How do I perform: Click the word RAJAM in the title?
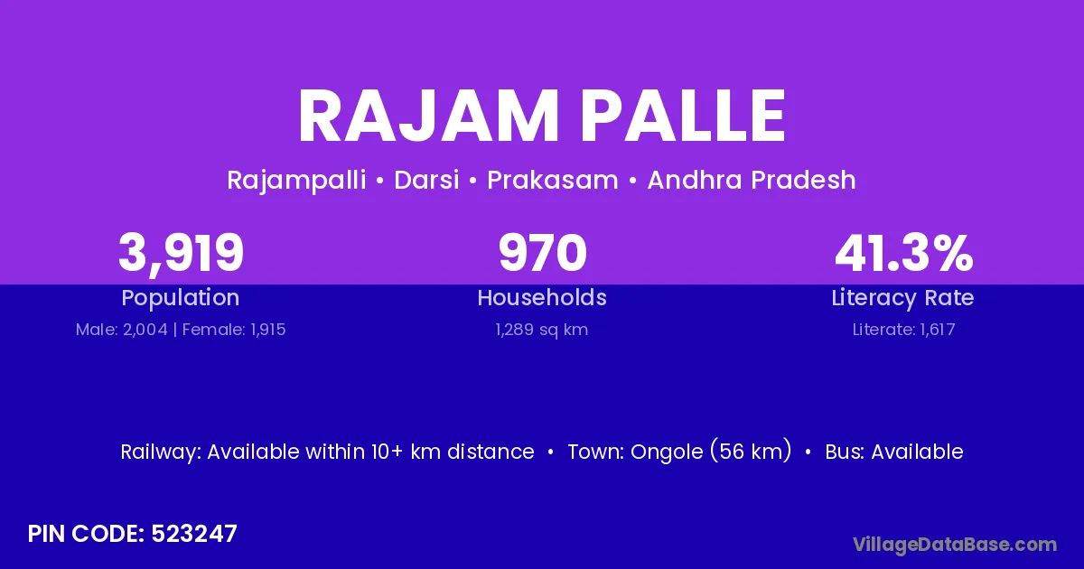pos(429,117)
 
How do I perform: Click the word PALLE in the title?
pos(683,117)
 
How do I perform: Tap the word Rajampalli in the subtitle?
pos(296,181)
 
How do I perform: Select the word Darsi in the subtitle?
pos(426,180)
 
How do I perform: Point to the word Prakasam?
pos(553,180)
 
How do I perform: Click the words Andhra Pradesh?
pos(752,180)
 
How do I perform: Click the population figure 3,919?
pos(181,254)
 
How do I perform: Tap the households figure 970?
pos(543,253)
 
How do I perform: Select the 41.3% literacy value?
pos(903,253)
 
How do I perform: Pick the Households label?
pos(542,297)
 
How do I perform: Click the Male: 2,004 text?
pos(121,330)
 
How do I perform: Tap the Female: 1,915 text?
pos(234,330)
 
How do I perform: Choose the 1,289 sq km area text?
pos(542,330)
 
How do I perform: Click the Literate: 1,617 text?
pos(903,330)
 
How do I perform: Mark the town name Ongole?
pos(666,452)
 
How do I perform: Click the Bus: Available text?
pos(894,452)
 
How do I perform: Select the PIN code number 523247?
pos(194,534)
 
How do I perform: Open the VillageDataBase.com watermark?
pos(955,546)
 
